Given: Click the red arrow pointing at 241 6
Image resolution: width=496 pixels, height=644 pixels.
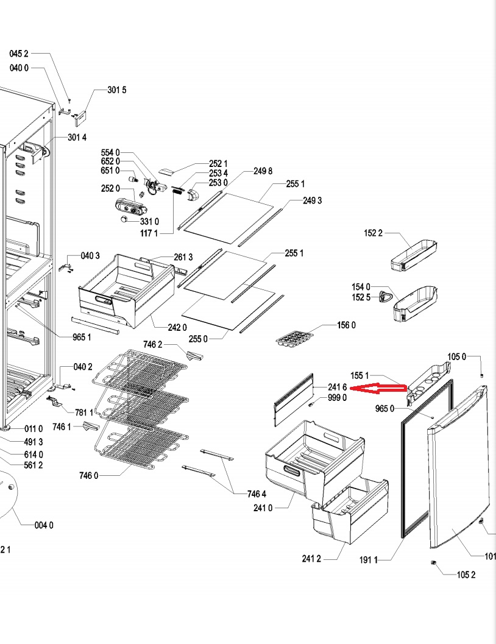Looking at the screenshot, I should click(379, 387).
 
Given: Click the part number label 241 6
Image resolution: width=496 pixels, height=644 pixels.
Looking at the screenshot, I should click(337, 387).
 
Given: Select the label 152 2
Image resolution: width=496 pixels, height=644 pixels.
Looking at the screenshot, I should click(374, 233).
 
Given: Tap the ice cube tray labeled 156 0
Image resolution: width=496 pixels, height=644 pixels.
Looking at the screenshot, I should click(293, 338).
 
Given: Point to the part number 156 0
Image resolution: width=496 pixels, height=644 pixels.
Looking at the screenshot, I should click(346, 325).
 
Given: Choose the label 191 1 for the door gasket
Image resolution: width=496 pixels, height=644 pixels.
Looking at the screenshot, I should click(369, 559).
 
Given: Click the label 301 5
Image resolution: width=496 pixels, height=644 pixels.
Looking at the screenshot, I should click(117, 90).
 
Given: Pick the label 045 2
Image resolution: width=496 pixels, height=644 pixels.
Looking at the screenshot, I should click(19, 54).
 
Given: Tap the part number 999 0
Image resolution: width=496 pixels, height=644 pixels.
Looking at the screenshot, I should click(337, 398).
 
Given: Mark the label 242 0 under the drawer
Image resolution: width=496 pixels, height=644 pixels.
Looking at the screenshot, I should click(177, 328).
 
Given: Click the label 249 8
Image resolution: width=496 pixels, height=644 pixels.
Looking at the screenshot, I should click(263, 171).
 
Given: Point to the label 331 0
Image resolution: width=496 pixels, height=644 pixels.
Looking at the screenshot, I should click(150, 221).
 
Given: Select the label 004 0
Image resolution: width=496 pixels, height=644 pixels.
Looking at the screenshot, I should click(43, 525).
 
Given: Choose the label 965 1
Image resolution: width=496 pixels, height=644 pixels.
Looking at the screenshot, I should click(82, 337).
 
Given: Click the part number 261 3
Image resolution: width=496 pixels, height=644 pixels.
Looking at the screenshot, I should click(183, 257).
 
